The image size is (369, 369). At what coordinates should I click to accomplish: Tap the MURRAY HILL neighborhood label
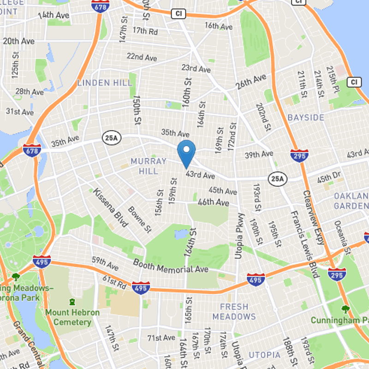pos(148,166)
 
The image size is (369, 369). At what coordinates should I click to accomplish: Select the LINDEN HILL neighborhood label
pos(105,83)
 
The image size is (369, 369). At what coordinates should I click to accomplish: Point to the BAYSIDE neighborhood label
pos(306,118)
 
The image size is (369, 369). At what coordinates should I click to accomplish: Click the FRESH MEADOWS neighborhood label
pos(234,311)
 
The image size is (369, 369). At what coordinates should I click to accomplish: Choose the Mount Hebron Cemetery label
pos(72,317)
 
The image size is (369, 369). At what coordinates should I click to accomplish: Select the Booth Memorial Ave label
pos(171,265)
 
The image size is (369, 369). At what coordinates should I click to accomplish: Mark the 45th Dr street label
pos(328,177)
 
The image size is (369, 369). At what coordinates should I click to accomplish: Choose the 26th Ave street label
pos(251,81)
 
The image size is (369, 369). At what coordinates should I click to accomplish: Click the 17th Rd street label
pos(145,30)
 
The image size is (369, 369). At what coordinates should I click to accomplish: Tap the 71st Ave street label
pos(161,338)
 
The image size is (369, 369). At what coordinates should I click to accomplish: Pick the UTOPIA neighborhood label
pos(264,355)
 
